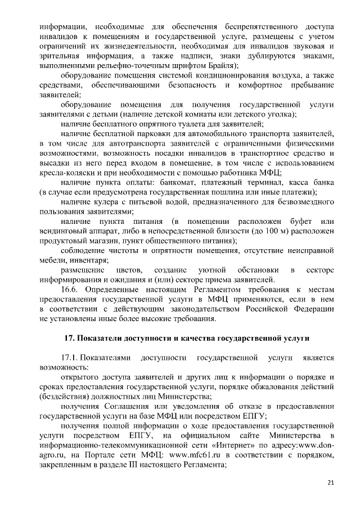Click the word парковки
coord(147,133)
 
